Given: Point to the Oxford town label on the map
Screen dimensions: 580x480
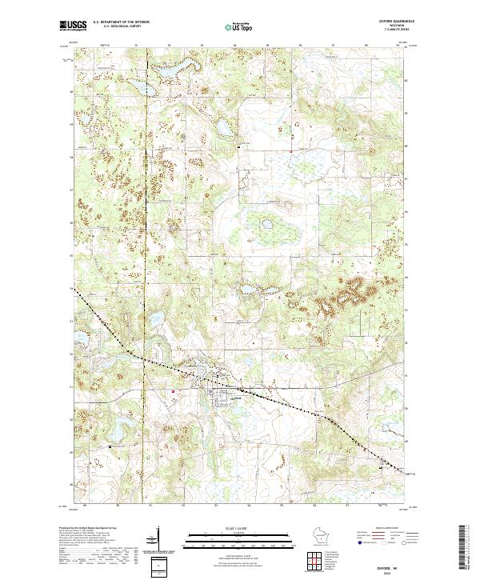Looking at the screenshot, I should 236,398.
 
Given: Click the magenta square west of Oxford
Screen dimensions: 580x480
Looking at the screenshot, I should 174,391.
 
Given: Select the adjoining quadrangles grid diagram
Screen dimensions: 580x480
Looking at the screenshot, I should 311,558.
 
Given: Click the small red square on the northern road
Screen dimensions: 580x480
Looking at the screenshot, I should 290,150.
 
